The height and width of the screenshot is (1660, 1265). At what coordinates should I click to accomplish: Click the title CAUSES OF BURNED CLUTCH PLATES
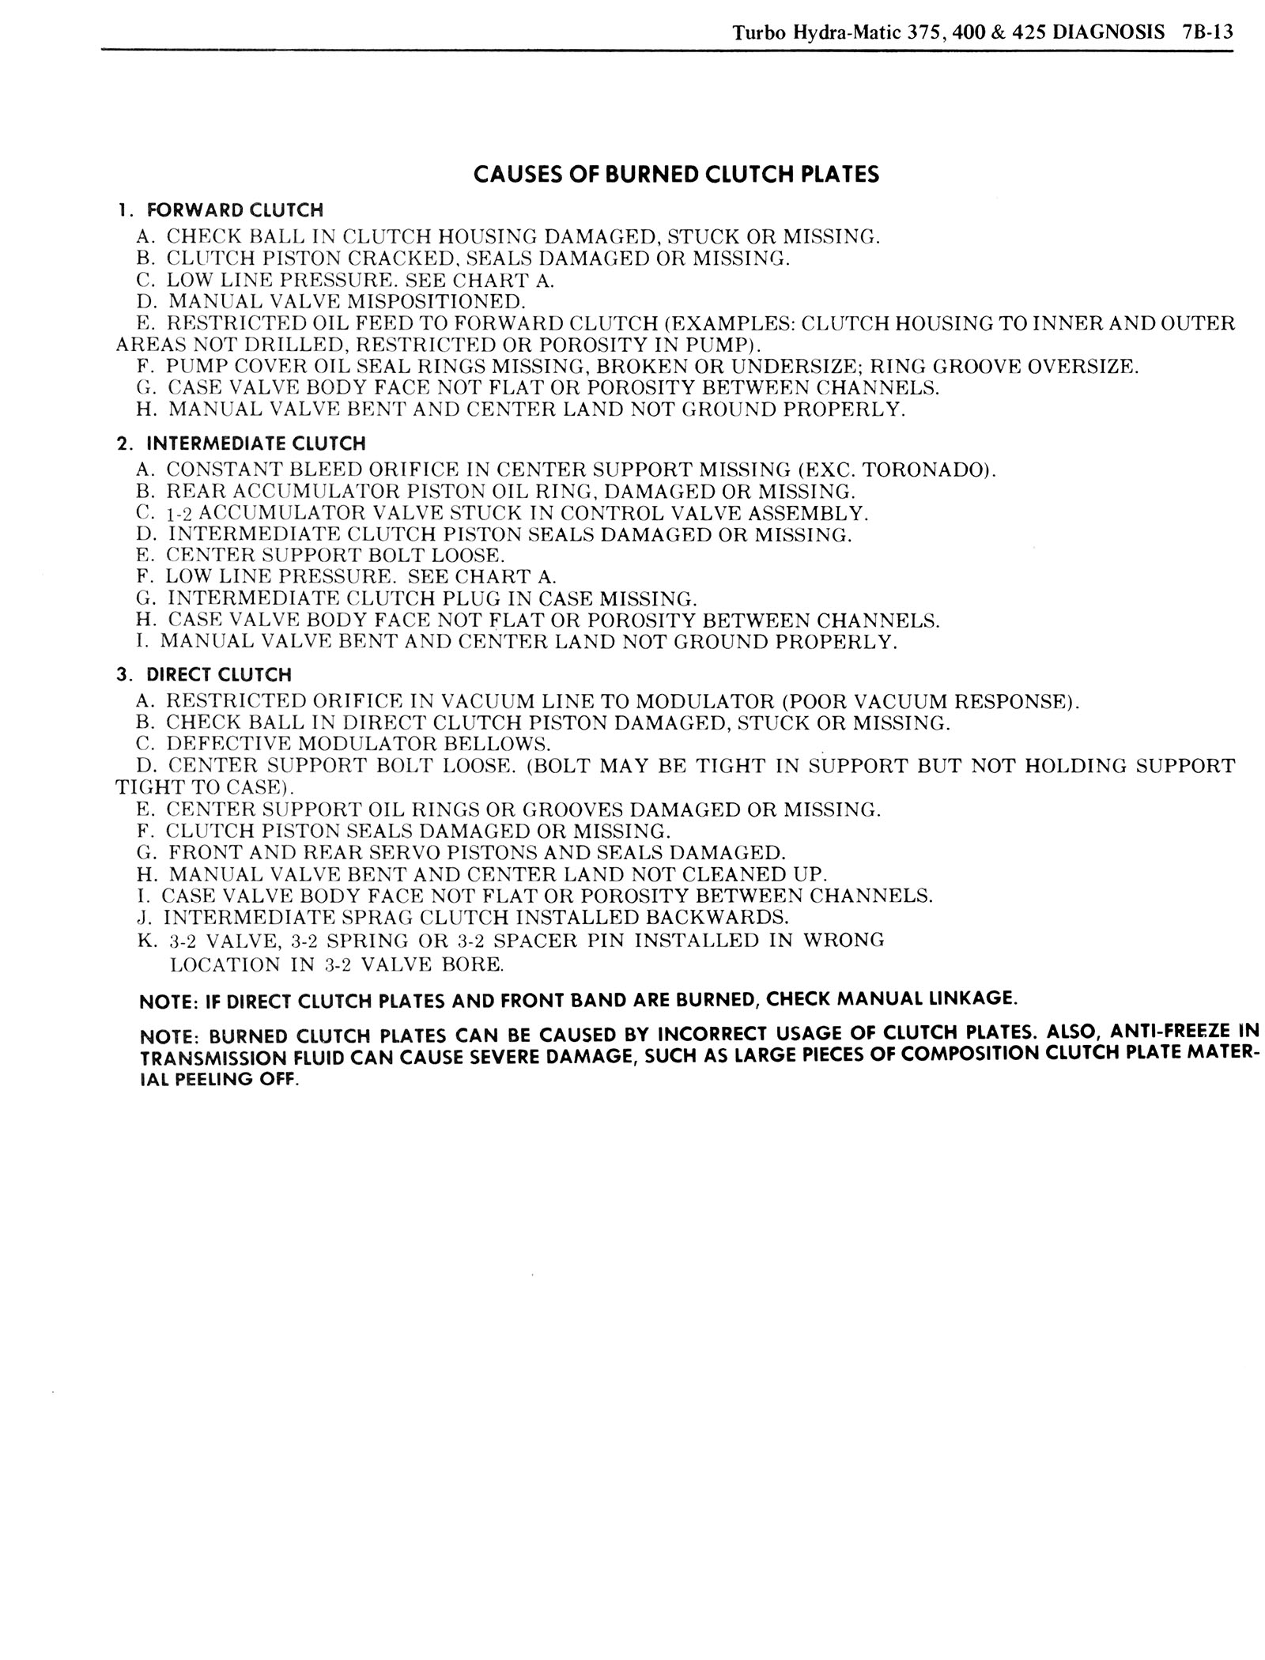[x=676, y=175]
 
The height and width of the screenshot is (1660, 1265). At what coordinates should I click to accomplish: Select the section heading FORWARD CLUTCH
[x=235, y=210]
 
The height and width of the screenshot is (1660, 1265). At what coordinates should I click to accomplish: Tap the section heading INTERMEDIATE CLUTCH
[x=256, y=443]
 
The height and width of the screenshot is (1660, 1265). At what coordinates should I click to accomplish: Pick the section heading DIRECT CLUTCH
[x=218, y=675]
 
